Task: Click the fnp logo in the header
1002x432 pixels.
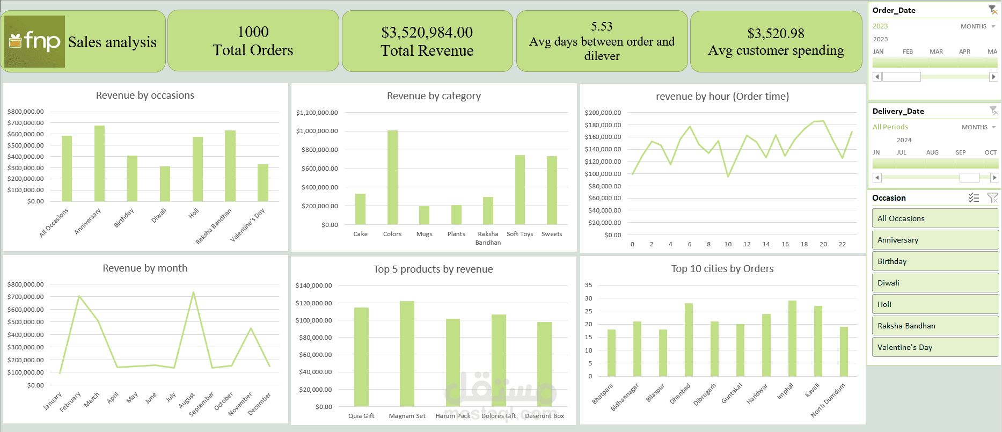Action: [35, 41]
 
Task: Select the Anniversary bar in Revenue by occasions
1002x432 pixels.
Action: [99, 163]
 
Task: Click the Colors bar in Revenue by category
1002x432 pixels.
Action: [392, 177]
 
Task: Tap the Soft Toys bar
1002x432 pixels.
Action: [520, 189]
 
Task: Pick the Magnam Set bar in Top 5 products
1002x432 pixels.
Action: [407, 354]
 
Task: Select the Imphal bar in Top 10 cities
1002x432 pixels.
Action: [792, 338]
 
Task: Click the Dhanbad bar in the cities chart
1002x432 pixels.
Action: [689, 340]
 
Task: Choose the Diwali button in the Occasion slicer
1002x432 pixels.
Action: [935, 283]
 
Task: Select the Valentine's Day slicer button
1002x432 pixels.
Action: [935, 347]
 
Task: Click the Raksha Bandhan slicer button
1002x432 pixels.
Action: [935, 326]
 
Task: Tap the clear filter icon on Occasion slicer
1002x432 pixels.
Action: [993, 198]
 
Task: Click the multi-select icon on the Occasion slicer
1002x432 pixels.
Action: [974, 198]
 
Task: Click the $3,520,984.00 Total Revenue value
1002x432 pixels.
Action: [427, 33]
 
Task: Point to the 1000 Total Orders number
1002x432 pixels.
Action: [253, 32]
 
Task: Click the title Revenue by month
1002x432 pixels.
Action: [145, 268]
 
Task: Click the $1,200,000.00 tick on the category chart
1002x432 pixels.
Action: [317, 113]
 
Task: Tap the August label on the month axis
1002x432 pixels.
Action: [187, 400]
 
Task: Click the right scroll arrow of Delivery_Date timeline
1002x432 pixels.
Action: [994, 177]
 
